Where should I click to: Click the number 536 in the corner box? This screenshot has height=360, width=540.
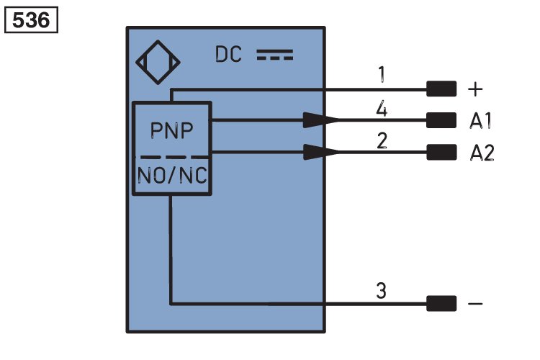31,20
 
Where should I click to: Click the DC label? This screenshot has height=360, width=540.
228,55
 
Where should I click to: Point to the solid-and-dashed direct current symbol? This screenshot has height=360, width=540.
275,55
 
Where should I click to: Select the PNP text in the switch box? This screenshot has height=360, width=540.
172,130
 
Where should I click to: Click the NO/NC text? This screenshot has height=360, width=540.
172,176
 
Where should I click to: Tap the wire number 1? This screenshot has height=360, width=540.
381,74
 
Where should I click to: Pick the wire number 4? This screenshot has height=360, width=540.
382,109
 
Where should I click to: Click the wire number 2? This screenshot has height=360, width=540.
382,140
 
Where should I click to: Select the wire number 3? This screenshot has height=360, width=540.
381,290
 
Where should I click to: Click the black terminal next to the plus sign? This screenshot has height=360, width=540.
441,89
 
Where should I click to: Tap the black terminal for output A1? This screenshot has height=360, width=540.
441,120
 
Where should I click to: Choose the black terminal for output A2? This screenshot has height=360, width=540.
441,152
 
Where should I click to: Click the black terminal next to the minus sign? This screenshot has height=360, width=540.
441,304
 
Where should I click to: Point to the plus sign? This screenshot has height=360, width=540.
475,89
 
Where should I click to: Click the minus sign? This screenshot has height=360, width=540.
475,304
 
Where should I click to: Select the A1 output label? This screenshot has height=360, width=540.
481,120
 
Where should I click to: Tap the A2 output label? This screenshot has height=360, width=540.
482,153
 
